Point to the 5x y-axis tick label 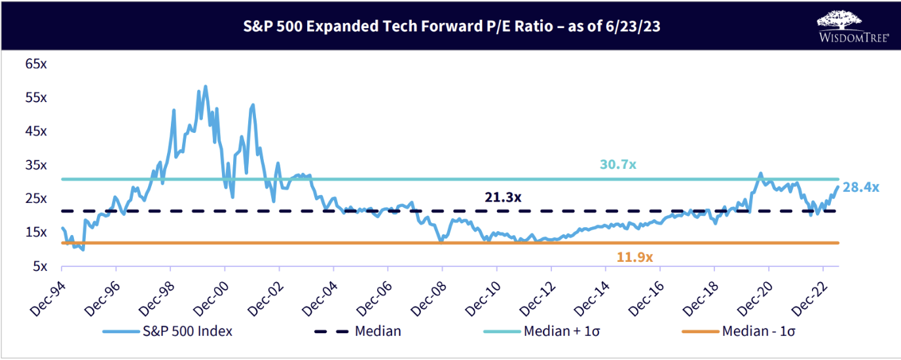tap(39, 266)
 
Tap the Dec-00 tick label tap(211, 291)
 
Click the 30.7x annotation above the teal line tap(618, 164)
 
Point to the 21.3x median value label tap(504, 197)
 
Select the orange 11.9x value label tap(634, 257)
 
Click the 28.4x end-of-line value tap(861, 188)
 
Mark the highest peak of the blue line tap(205, 86)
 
